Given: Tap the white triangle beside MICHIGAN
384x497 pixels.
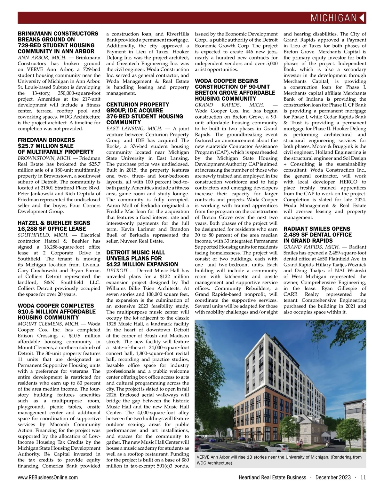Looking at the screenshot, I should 363,18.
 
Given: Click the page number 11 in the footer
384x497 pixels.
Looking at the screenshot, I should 363,478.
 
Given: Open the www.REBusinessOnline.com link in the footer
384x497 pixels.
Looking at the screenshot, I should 48,478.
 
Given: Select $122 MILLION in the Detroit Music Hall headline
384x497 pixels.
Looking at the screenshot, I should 127,264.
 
